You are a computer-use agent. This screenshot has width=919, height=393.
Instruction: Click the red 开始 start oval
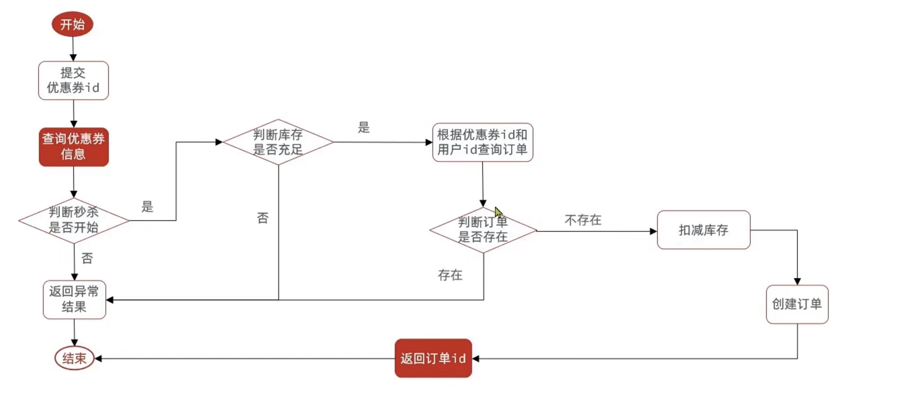coord(73,24)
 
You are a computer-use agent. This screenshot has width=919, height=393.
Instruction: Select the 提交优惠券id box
coord(73,80)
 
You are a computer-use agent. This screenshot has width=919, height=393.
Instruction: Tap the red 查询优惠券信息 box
coord(74,147)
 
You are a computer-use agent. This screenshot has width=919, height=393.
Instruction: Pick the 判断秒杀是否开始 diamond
coord(74,220)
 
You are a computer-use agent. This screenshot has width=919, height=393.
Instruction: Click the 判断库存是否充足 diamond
coord(278,142)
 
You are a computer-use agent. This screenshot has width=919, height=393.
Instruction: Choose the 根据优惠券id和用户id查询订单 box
coord(482,142)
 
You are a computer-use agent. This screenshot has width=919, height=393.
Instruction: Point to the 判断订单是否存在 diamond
coord(483,230)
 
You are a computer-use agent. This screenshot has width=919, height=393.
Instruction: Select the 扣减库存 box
coord(703,230)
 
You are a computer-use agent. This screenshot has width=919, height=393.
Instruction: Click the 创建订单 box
coord(797,304)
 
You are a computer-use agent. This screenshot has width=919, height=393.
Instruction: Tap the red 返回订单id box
coord(433,358)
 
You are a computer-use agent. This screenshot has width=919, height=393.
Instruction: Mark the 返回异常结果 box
coord(74,300)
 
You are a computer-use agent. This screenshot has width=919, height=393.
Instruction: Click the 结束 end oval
coord(74,358)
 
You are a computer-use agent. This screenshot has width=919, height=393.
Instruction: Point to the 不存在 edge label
coord(583,220)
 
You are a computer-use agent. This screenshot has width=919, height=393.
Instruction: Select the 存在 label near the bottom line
coord(450,276)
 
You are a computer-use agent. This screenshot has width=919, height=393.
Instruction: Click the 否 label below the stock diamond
coord(263,218)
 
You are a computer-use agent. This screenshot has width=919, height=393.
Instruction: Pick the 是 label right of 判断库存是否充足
coord(364,128)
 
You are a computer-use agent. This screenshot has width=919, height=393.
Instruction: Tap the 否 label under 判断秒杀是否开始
coord(87,259)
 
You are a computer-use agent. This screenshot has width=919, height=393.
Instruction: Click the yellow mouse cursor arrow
coord(498,212)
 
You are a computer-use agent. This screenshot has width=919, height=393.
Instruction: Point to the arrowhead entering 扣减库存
coord(654,231)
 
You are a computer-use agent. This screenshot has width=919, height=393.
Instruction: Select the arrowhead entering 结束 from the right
coord(98,358)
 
